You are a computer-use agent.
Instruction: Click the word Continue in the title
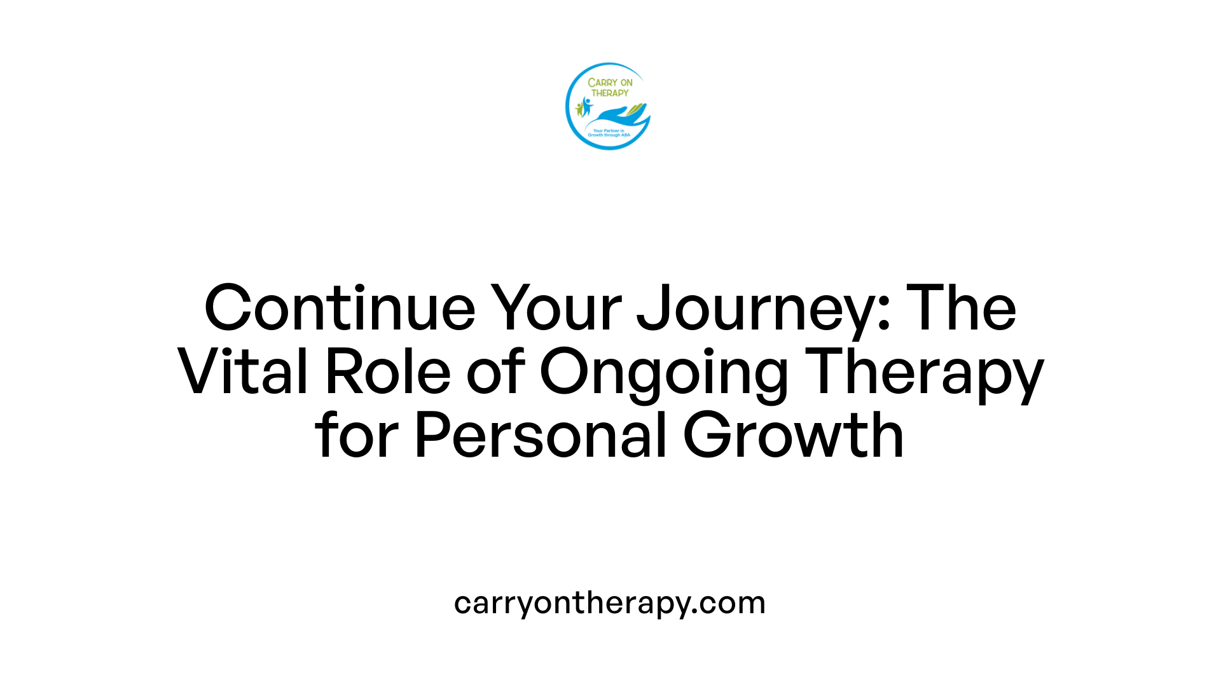pyautogui.click(x=340, y=309)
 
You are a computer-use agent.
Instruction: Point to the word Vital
pyautogui.click(x=242, y=372)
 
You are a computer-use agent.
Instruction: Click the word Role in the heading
pyautogui.click(x=388, y=372)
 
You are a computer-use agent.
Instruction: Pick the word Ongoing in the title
pyautogui.click(x=664, y=372)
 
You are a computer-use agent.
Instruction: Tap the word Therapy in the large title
pyautogui.click(x=925, y=372)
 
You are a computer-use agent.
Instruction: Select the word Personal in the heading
pyautogui.click(x=541, y=436)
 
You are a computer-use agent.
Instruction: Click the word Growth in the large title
pyautogui.click(x=793, y=436)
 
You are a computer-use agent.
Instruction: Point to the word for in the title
pyautogui.click(x=356, y=436)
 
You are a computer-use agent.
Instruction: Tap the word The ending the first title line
pyautogui.click(x=961, y=309)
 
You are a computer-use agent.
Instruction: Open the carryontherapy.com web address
pyautogui.click(x=610, y=603)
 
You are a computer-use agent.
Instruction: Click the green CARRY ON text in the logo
pyautogui.click(x=610, y=83)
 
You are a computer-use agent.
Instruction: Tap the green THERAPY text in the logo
pyautogui.click(x=610, y=93)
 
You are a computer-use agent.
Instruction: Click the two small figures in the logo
pyautogui.click(x=583, y=107)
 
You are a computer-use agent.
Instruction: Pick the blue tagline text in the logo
pyautogui.click(x=609, y=133)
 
